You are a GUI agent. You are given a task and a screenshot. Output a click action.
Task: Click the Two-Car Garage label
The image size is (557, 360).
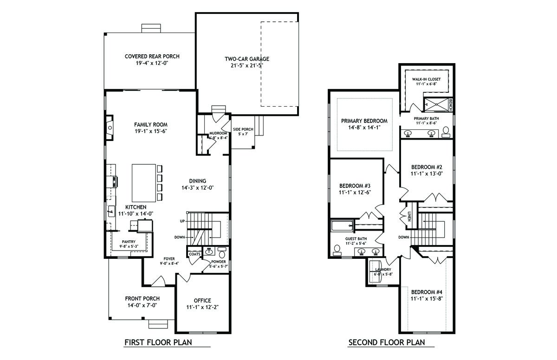click(x=247, y=59)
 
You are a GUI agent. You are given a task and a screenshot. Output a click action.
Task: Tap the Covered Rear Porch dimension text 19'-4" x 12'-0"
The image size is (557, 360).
click(x=152, y=63)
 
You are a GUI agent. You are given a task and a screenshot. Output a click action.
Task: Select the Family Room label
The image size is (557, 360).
click(x=151, y=124)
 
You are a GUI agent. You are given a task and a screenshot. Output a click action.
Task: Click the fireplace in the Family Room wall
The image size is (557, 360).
click(x=110, y=128)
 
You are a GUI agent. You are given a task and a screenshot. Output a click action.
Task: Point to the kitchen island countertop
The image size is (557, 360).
click(x=144, y=183)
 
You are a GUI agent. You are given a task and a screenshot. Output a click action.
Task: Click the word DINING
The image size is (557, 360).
click(x=197, y=181)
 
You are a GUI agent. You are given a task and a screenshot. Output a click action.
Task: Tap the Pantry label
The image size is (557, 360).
click(x=129, y=242)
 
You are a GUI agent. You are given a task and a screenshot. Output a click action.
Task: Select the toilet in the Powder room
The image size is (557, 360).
click(x=222, y=253)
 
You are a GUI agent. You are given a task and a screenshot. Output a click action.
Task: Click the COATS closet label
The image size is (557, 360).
click(x=194, y=254)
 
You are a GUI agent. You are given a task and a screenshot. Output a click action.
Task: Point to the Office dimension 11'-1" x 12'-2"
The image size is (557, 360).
click(x=202, y=307)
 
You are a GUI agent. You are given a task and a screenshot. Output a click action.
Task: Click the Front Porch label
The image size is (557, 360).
click(x=142, y=298)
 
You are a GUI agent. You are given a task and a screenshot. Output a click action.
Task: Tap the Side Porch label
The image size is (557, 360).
click(x=243, y=129)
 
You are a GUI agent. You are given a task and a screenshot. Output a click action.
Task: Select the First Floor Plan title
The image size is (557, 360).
click(x=158, y=342)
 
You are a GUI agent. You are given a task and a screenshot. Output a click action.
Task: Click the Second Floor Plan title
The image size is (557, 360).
click(x=387, y=342)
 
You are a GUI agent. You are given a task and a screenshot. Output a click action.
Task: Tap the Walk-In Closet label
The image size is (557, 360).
click(x=426, y=79)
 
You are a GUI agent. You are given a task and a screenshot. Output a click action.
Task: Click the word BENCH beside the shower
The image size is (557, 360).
click(x=450, y=105)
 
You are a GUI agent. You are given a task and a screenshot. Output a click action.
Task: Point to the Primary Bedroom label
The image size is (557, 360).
click(x=364, y=121)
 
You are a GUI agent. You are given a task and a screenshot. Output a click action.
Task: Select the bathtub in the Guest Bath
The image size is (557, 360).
click(x=342, y=225)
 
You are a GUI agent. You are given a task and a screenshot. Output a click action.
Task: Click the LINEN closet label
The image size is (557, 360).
click(x=409, y=216)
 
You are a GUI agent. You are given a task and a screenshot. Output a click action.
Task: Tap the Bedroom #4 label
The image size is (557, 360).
click(x=427, y=292)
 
